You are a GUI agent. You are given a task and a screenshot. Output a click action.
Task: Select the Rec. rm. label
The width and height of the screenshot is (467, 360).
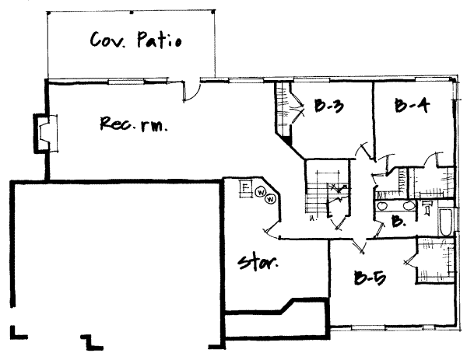[135, 124]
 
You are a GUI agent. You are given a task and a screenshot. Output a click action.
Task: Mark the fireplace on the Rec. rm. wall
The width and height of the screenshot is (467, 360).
[42, 133]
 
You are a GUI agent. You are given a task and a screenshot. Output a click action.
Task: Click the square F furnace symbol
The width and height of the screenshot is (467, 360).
[244, 187]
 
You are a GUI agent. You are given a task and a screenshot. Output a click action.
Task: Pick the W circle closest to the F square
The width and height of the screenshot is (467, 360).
[262, 192]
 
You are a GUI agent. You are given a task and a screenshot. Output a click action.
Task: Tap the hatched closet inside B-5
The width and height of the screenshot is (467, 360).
[434, 260]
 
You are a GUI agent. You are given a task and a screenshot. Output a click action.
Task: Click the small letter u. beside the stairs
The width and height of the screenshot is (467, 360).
[311, 218]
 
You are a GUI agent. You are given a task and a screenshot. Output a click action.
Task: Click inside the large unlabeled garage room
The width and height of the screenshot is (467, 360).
[109, 257]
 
